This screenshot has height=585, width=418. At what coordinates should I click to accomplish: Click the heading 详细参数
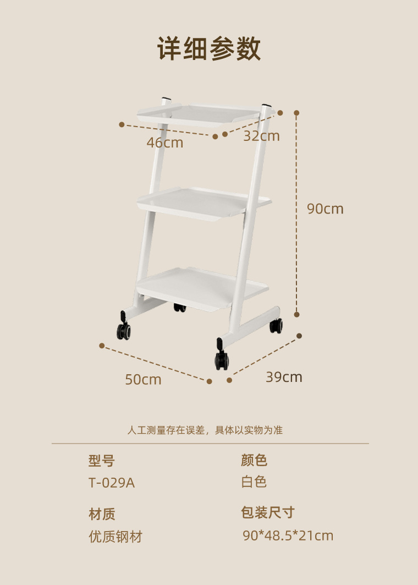click(209, 49)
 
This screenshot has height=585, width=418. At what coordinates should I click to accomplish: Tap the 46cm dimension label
click(164, 143)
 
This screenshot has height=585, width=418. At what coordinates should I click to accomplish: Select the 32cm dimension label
click(261, 136)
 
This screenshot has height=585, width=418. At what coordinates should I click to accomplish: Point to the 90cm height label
click(324, 209)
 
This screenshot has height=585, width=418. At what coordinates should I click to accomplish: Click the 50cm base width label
click(143, 380)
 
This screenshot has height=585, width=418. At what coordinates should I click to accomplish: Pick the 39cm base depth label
click(284, 377)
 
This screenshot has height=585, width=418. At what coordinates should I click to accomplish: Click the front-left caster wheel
click(124, 330)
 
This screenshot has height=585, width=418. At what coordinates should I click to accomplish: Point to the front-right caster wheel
click(222, 360)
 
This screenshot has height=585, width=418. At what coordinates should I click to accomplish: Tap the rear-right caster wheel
click(276, 325)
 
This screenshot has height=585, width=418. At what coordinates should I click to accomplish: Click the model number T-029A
click(112, 483)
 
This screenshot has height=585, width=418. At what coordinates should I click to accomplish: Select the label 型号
click(102, 461)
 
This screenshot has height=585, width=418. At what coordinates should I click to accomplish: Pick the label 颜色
click(254, 460)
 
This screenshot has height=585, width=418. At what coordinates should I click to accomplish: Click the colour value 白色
click(254, 482)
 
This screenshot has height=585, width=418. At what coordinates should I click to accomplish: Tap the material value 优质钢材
click(116, 537)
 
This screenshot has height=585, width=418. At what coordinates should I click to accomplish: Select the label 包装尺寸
click(268, 513)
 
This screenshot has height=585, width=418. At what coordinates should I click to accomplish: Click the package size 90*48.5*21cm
click(288, 535)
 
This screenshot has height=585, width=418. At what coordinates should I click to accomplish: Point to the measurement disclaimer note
click(205, 430)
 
